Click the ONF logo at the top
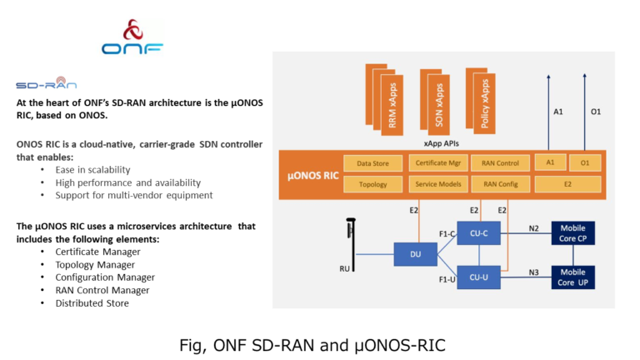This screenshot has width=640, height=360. tap(132, 38)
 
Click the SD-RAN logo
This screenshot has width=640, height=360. tap(46, 84)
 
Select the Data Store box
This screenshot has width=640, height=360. tap(372, 163)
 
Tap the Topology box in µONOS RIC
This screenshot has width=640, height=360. tap(372, 183)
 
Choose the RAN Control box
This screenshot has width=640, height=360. tap(500, 163)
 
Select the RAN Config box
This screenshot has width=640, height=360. tap(500, 183)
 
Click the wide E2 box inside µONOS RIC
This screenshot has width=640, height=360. tap(567, 183)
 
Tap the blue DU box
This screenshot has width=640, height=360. tap(415, 254)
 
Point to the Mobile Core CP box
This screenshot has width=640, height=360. tap(572, 233)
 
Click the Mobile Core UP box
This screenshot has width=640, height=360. tap(572, 277)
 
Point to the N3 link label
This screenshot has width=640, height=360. tap(533, 271)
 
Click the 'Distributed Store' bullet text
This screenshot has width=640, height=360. tap(92, 302)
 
